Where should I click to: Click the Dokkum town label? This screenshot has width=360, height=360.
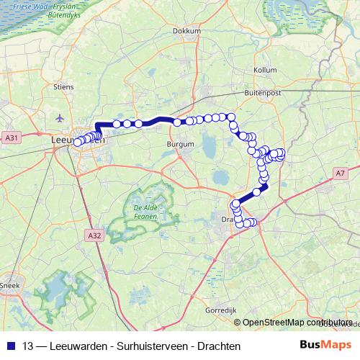pyautogui.click(x=187, y=31)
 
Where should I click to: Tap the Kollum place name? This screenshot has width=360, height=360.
pyautogui.click(x=266, y=70)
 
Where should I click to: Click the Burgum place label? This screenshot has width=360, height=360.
pyautogui.click(x=180, y=145)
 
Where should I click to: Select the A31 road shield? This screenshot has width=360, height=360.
pyautogui.click(x=11, y=137)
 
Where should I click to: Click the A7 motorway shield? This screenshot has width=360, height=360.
pyautogui.click(x=340, y=173)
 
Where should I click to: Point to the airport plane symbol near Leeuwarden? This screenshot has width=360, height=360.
pyautogui.click(x=58, y=117)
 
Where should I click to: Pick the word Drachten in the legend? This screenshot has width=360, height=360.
pyautogui.click(x=217, y=346)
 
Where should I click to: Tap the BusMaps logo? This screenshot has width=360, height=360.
pyautogui.click(x=325, y=345)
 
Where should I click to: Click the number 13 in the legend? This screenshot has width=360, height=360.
pyautogui.click(x=27, y=346)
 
